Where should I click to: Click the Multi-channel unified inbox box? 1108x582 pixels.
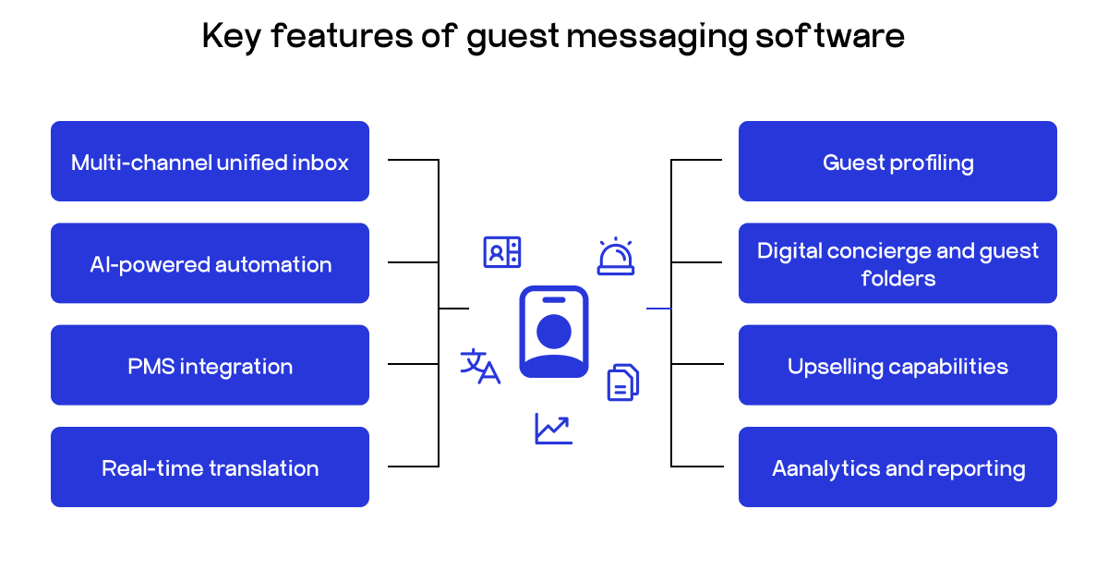click(x=210, y=162)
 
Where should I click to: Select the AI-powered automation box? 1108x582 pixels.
click(x=210, y=263)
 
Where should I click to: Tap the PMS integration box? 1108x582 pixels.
click(x=210, y=365)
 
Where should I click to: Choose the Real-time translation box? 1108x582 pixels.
click(x=210, y=467)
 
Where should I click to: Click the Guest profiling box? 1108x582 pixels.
click(x=897, y=162)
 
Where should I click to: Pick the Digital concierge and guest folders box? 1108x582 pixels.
click(x=897, y=263)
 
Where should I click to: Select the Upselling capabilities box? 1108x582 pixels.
click(x=897, y=365)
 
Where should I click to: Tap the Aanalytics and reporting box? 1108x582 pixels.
click(x=897, y=467)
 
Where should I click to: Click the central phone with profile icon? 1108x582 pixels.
click(x=553, y=332)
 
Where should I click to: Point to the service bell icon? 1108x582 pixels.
click(x=615, y=257)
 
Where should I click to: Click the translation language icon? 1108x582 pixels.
click(x=480, y=366)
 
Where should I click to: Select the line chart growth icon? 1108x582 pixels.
click(x=553, y=428)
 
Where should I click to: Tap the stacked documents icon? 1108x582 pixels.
click(x=622, y=382)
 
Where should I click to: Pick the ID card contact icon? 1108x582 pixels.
click(x=502, y=252)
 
